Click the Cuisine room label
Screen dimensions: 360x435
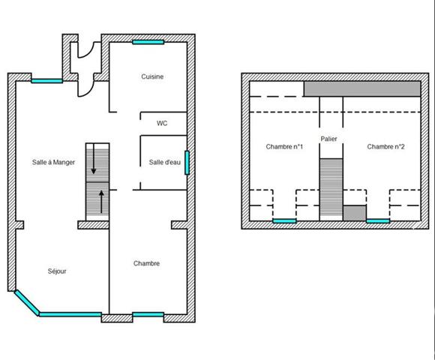[x=152, y=76]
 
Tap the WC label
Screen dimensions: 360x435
[x=161, y=123]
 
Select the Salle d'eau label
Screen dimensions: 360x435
[x=164, y=162]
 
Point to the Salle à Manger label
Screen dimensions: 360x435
[x=53, y=162]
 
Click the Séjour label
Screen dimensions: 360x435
[x=57, y=271]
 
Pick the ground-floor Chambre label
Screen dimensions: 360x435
[x=146, y=263]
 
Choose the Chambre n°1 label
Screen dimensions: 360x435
[x=284, y=146]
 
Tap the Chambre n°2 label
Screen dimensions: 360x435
[x=385, y=146]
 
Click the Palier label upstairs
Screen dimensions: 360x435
[x=328, y=139]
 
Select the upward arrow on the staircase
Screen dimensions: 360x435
[x=101, y=202]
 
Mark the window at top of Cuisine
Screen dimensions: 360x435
[x=148, y=42]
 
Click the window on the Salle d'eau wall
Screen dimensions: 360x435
[x=187, y=162]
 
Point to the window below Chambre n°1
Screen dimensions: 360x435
[x=283, y=221]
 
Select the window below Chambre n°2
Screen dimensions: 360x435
[x=378, y=221]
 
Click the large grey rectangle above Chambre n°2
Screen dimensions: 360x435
[x=361, y=88]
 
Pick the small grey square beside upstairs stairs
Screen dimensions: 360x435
[x=353, y=213]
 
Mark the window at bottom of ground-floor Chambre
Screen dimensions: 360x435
[x=148, y=314]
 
